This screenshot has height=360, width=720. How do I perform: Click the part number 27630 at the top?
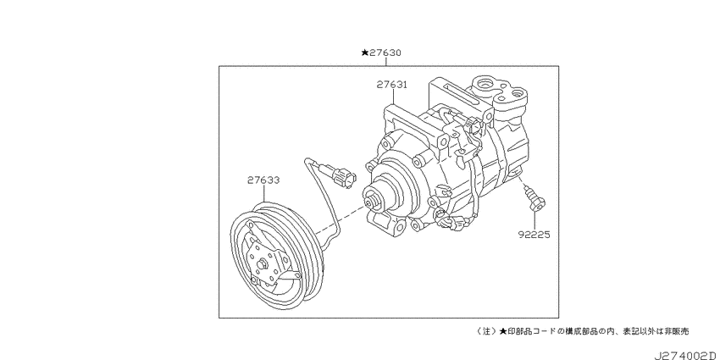(x=385, y=53)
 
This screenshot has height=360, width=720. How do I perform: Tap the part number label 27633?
(x=263, y=180)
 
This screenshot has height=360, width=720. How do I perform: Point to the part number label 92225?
(x=534, y=235)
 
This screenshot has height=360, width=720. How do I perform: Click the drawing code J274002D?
(x=686, y=356)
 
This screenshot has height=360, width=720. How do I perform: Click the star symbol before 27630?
(x=364, y=53)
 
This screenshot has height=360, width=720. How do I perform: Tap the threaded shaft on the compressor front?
(x=371, y=202)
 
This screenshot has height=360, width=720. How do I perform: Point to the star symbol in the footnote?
(x=503, y=330)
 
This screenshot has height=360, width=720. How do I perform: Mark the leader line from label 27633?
(x=264, y=194)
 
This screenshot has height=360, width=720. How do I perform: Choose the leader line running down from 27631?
(x=394, y=97)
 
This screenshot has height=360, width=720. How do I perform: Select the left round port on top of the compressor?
(x=485, y=85)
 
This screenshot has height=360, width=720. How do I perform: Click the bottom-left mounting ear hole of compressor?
(x=400, y=225)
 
